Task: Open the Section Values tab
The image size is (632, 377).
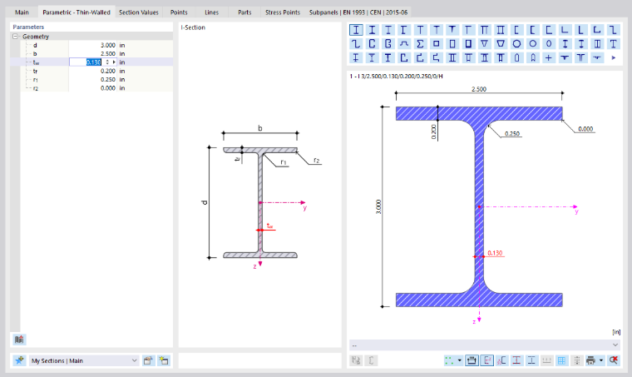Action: (x=139, y=12)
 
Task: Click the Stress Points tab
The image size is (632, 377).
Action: (x=283, y=12)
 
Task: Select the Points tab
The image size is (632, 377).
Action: (x=179, y=12)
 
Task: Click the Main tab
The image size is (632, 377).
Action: (x=22, y=12)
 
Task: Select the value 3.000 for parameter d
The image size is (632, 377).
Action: (x=107, y=45)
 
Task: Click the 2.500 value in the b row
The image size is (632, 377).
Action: (x=107, y=53)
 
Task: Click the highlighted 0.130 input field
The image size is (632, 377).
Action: (x=93, y=62)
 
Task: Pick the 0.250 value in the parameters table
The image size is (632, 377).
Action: (x=107, y=79)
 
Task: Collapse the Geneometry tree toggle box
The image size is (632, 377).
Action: (x=15, y=37)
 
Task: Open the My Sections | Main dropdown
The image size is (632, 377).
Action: (x=84, y=360)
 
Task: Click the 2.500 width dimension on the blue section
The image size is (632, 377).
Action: (x=479, y=89)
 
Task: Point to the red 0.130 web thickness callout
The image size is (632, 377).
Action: (x=495, y=253)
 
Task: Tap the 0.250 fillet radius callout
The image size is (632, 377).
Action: (x=512, y=133)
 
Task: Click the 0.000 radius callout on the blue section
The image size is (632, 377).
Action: (x=585, y=129)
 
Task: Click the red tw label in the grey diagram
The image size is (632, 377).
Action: (x=270, y=226)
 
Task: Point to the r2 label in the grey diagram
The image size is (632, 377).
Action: (x=316, y=161)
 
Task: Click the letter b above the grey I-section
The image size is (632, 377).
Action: (x=260, y=128)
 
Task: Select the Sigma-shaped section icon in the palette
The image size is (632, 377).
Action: (x=420, y=43)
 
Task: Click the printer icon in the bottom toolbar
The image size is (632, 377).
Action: (x=591, y=360)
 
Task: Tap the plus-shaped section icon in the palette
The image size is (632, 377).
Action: (x=549, y=57)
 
